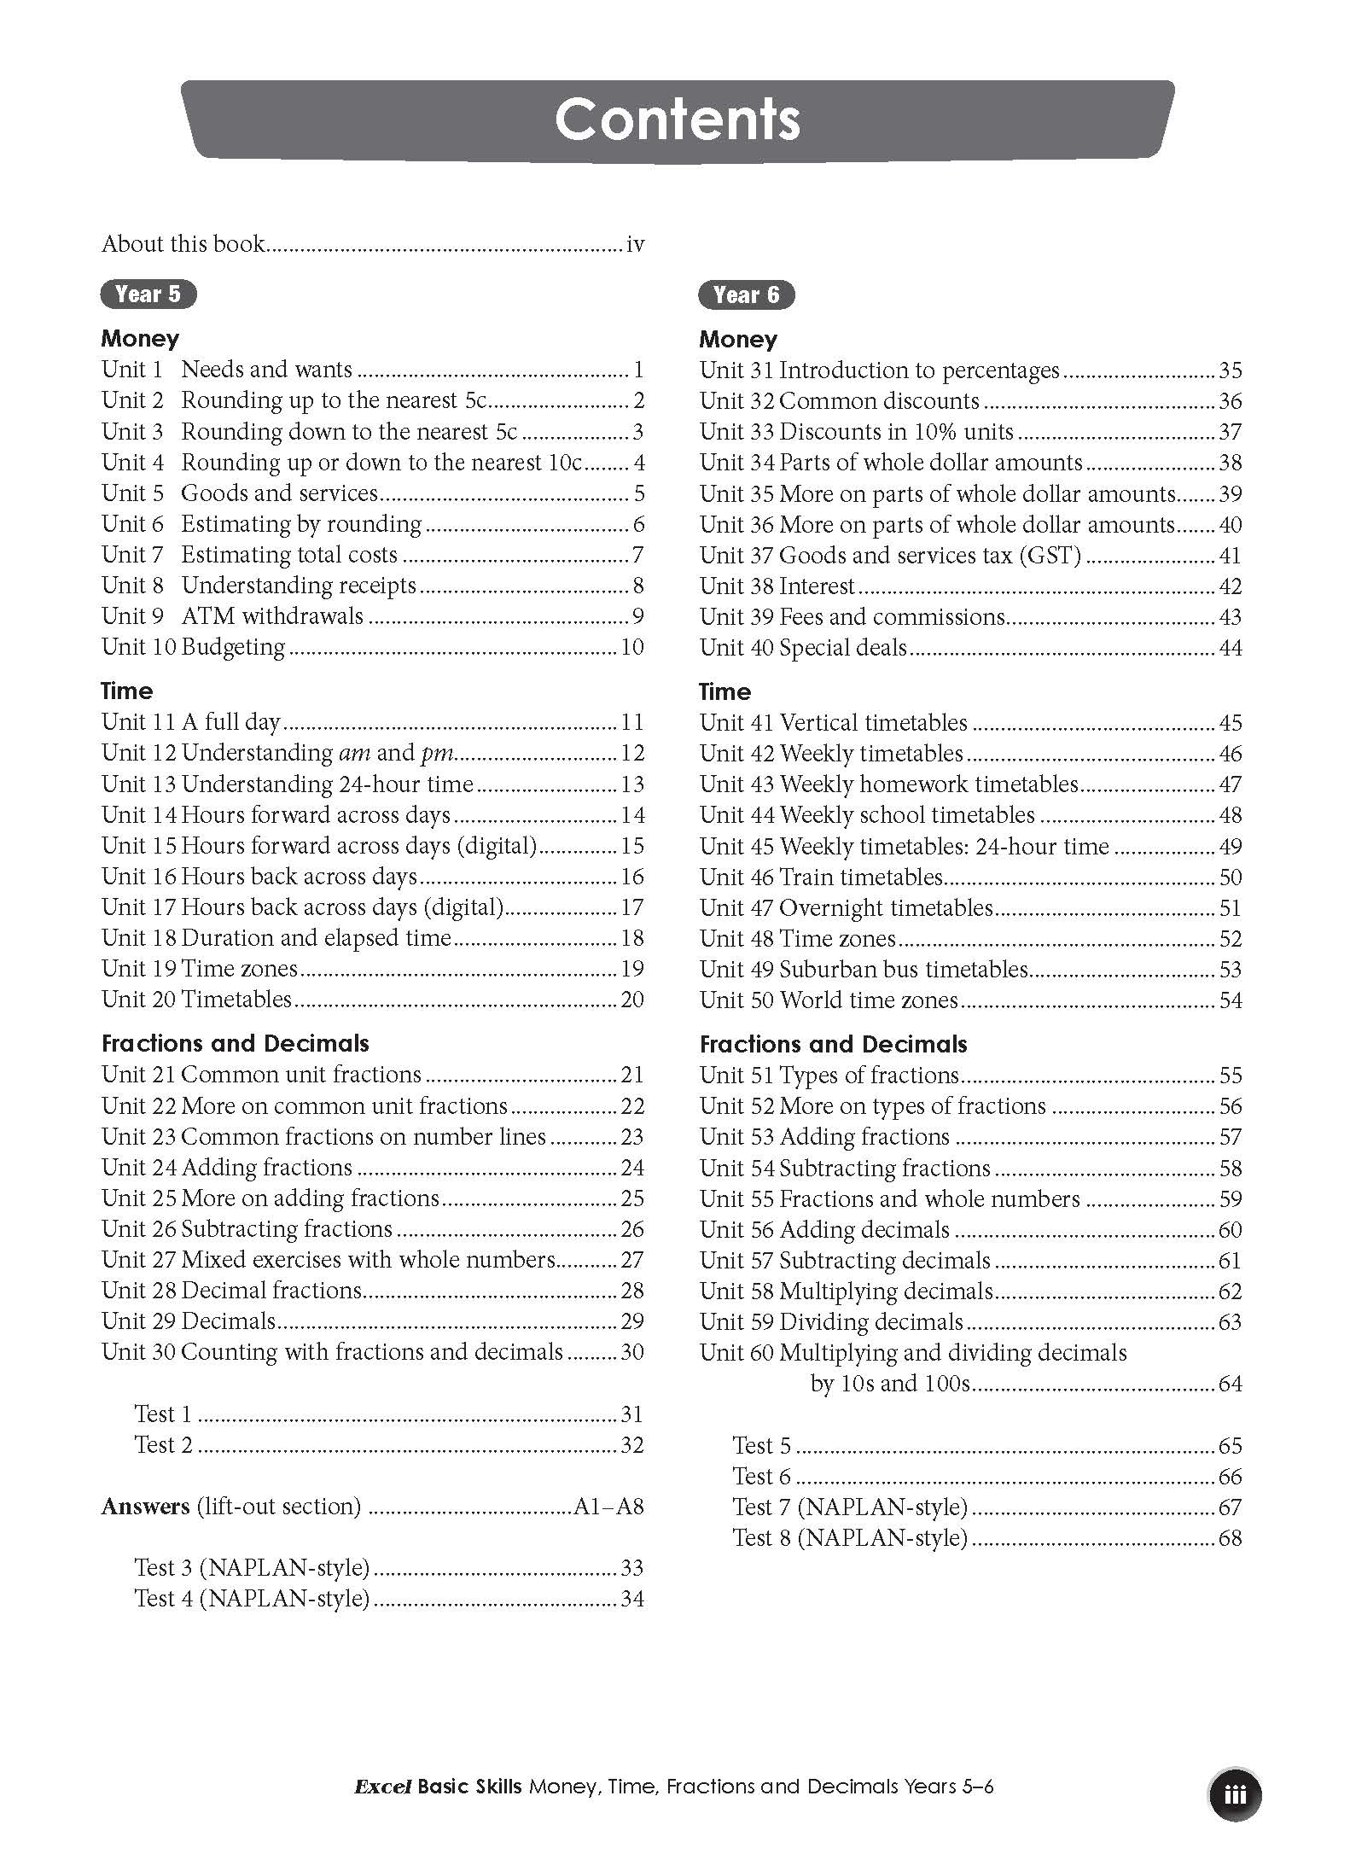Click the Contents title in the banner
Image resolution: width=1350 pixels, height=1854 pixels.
pyautogui.click(x=677, y=120)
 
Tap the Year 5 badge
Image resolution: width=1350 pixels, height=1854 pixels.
pyautogui.click(x=148, y=294)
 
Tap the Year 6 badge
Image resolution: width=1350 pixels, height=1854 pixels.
pyautogui.click(x=747, y=294)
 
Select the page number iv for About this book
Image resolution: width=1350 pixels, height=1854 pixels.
pyautogui.click(x=635, y=244)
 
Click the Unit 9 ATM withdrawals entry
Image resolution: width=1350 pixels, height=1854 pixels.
pyautogui.click(x=232, y=616)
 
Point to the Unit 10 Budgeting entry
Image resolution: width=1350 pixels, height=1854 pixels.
pyautogui.click(x=194, y=647)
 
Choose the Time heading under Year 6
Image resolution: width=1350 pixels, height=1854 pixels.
pyautogui.click(x=724, y=691)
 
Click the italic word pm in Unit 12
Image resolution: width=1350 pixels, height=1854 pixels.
pyautogui.click(x=436, y=754)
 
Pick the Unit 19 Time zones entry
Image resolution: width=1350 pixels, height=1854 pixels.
pyautogui.click(x=200, y=969)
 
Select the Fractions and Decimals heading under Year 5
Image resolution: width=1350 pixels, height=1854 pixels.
pyautogui.click(x=235, y=1043)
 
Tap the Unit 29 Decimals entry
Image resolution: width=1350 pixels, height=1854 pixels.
pyautogui.click(x=189, y=1321)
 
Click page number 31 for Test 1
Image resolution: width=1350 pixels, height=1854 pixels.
pyautogui.click(x=631, y=1414)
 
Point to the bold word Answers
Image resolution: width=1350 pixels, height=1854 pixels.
pyautogui.click(x=145, y=1507)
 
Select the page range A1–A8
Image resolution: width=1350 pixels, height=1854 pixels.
pyautogui.click(x=608, y=1507)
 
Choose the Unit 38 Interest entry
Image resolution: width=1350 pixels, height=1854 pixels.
pyautogui.click(x=777, y=586)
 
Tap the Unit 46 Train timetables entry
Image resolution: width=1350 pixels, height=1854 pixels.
pyautogui.click(x=821, y=877)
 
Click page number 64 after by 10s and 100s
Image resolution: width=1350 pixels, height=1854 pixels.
pyautogui.click(x=1230, y=1384)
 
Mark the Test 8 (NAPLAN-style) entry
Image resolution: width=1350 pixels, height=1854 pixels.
pyautogui.click(x=850, y=1538)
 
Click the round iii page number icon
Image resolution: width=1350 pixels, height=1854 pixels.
pyautogui.click(x=1235, y=1794)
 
